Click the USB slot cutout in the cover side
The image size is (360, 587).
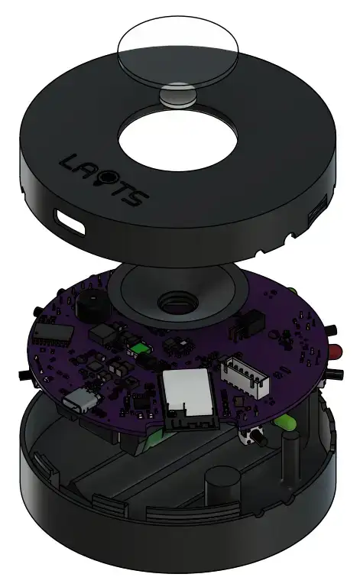point(70,222)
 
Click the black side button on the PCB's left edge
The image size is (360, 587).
point(24,376)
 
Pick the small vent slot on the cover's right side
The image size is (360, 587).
point(315,218)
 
